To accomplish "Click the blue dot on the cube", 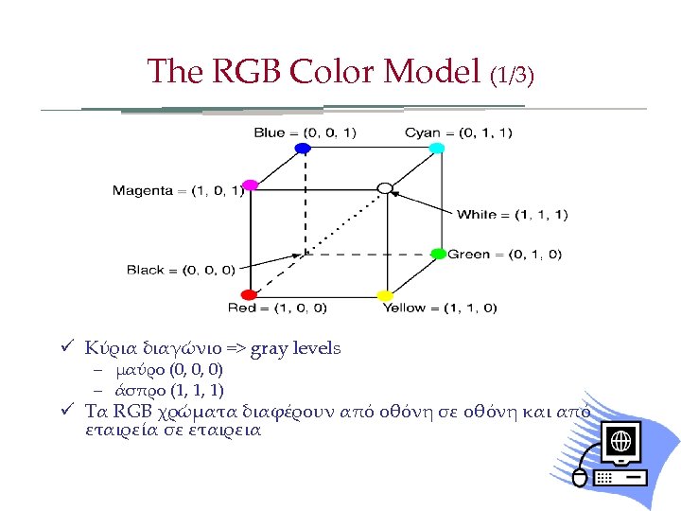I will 303,149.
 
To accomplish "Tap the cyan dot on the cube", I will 437,149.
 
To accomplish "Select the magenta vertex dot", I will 250,185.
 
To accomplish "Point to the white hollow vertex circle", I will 384,187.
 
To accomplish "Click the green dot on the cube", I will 438,254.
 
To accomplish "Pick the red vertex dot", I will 249,295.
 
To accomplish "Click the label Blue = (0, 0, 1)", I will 305,132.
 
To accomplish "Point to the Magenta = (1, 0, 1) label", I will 178,191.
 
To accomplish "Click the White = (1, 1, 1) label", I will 513,215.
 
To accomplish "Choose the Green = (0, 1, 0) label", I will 505,254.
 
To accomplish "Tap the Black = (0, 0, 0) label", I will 181,270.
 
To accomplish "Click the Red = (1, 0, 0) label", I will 277,308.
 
